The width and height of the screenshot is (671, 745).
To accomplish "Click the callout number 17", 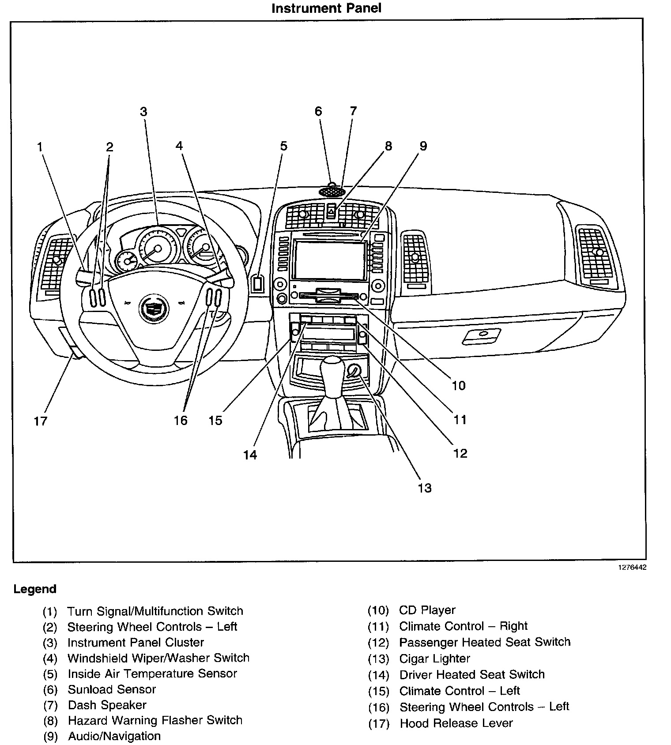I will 40,421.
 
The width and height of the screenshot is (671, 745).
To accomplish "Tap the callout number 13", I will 424,488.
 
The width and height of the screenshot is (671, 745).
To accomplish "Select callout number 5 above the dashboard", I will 283,146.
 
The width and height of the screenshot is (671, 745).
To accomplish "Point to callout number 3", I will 143,112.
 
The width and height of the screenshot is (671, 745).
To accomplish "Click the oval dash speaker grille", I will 332,192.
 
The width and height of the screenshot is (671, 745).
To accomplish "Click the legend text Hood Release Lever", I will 456,723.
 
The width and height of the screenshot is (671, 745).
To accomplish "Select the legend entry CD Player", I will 427,610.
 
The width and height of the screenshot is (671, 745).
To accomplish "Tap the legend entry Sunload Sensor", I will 112,689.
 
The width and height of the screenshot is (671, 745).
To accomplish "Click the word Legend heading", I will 35,589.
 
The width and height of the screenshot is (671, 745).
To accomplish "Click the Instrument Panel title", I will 326,8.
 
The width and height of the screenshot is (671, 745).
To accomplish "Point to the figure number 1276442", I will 632,567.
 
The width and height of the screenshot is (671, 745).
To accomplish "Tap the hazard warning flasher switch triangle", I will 331,211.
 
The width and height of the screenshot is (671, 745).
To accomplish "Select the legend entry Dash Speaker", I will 107,705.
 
